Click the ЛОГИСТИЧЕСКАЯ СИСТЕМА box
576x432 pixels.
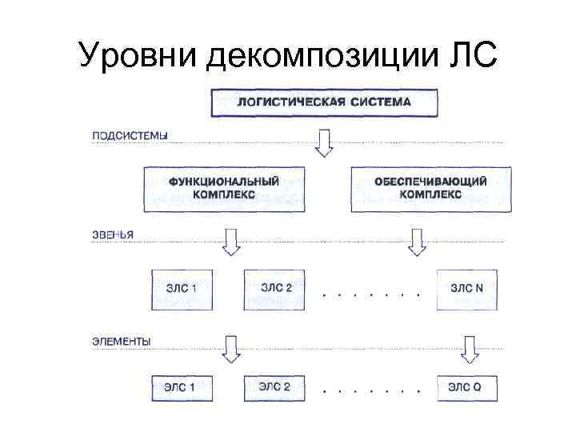[324, 103]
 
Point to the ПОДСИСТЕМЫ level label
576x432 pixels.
[129, 136]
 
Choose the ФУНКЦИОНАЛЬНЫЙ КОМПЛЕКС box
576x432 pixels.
[224, 189]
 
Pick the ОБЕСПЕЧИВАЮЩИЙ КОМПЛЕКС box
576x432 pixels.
[430, 189]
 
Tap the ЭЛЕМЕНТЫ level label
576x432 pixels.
[121, 342]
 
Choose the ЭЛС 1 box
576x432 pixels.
[182, 389]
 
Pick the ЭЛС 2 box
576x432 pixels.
[275, 389]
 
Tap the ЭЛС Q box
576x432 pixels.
[466, 389]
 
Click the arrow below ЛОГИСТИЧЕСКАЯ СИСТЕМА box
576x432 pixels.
[323, 142]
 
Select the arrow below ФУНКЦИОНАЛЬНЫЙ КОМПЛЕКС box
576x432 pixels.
[231, 241]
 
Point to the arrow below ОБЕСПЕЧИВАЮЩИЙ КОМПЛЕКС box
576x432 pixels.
[416, 241]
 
